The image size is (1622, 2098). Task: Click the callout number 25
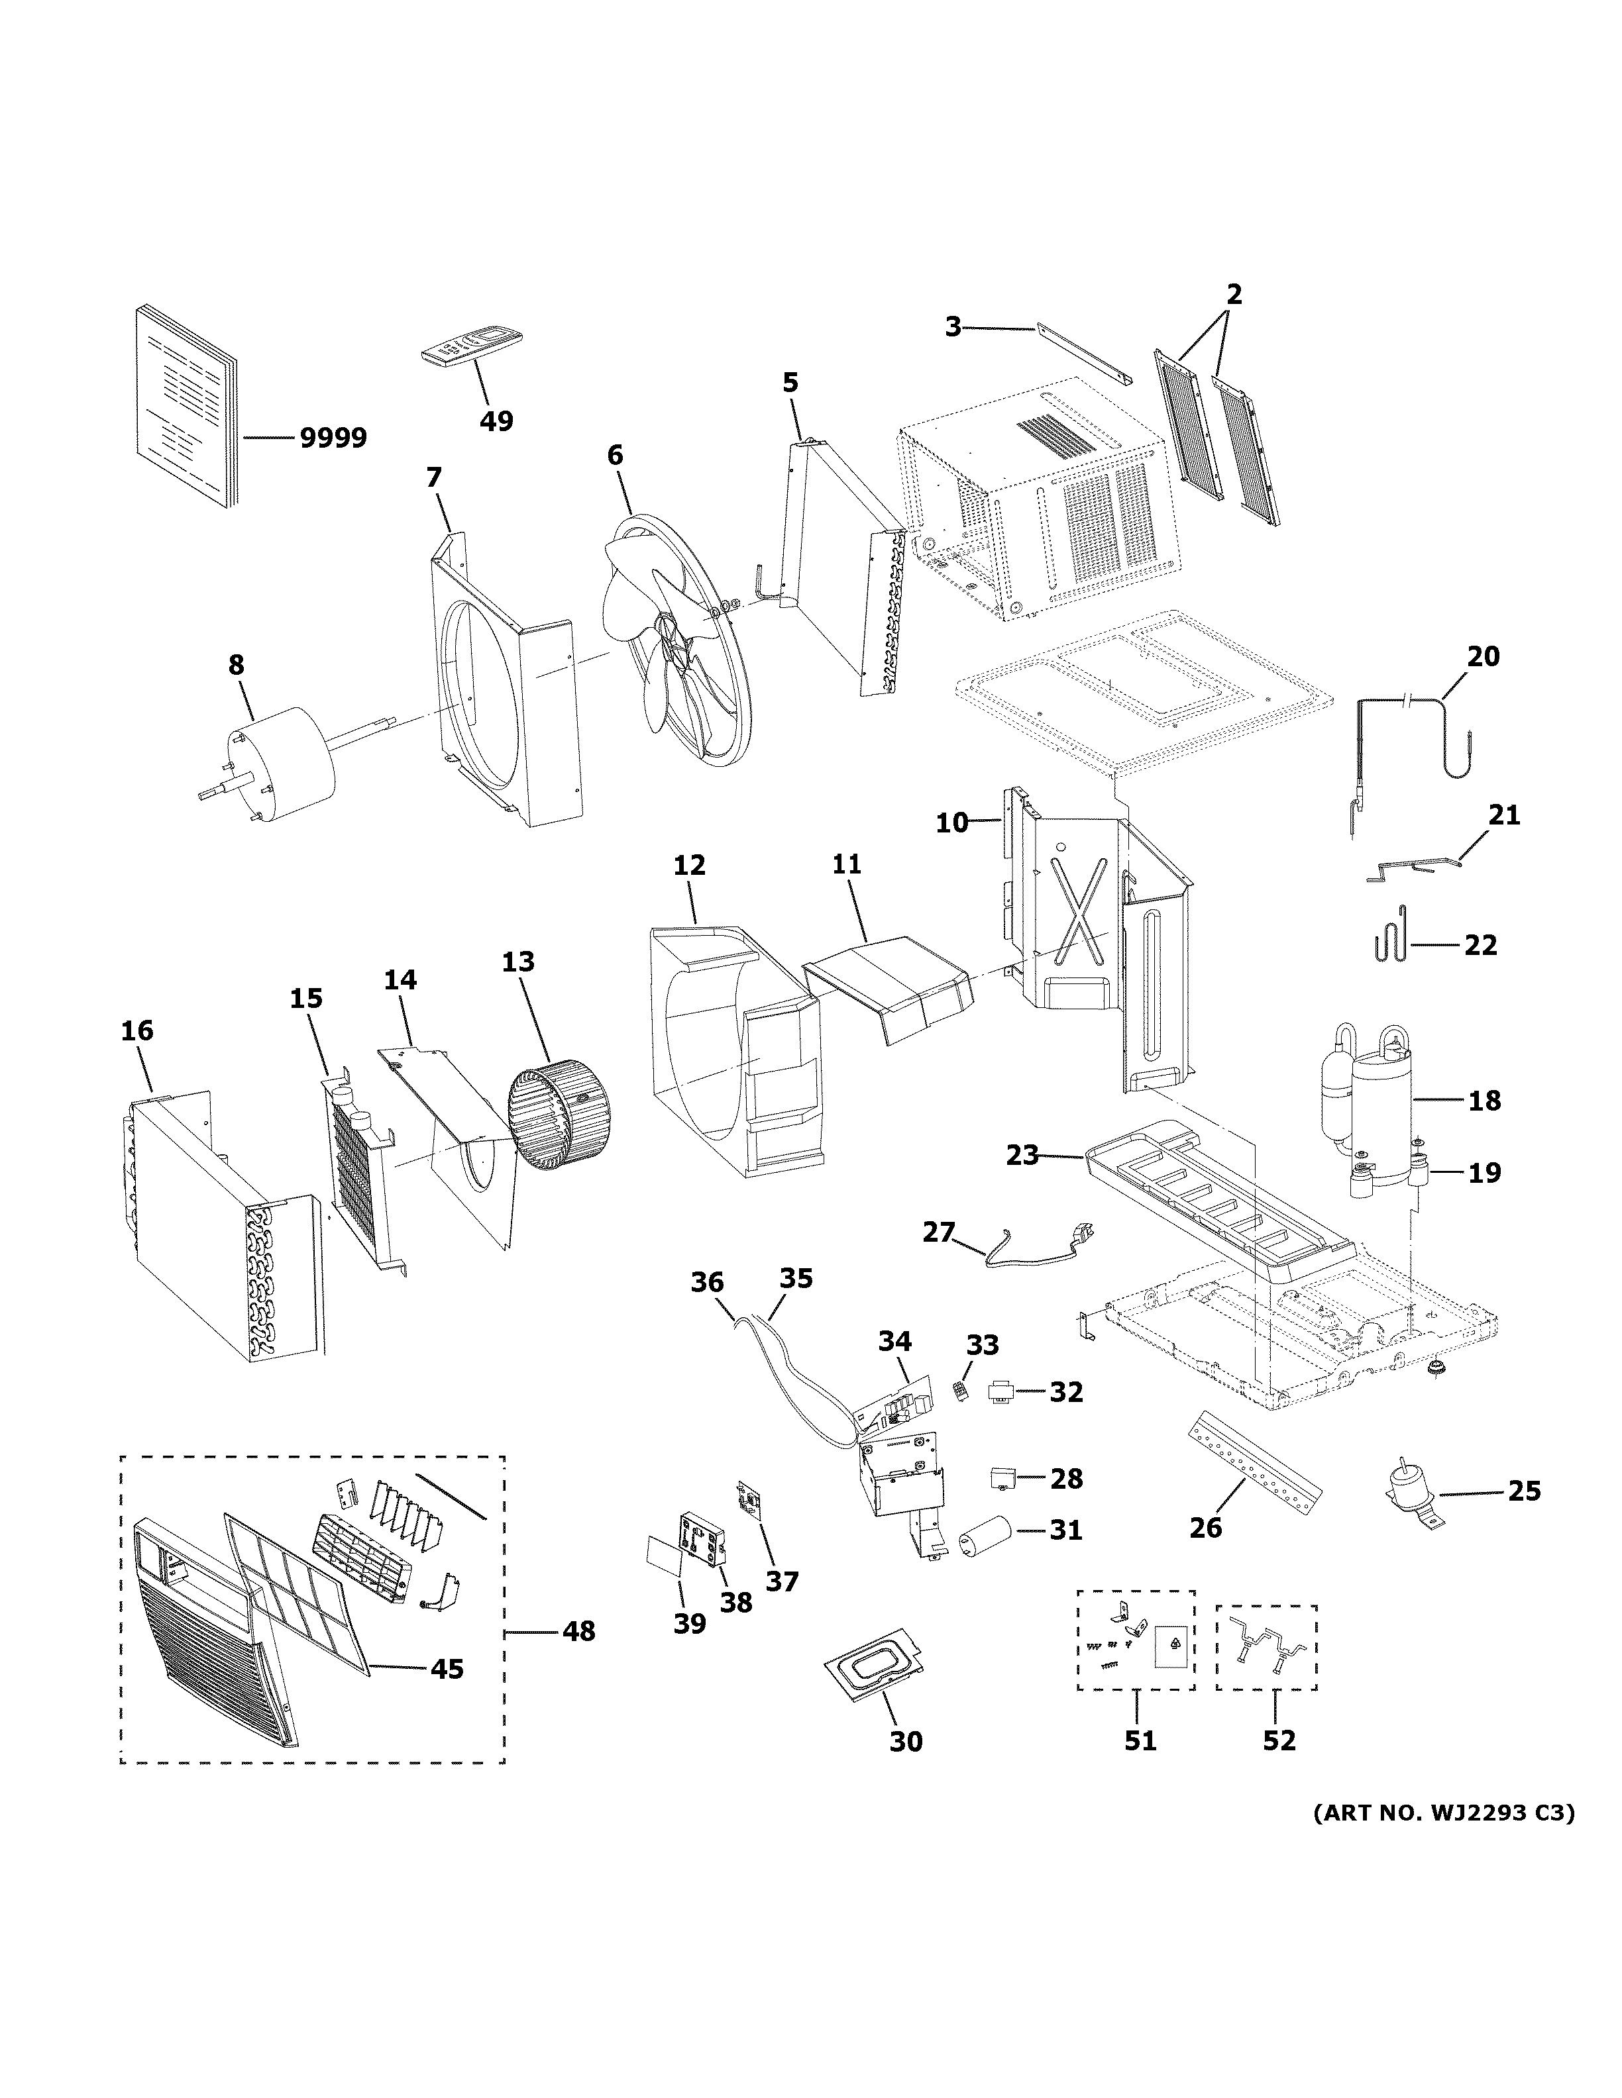pos(1524,1490)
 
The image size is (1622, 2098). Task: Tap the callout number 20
pos(1483,656)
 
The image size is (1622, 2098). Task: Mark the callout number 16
pos(136,1030)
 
